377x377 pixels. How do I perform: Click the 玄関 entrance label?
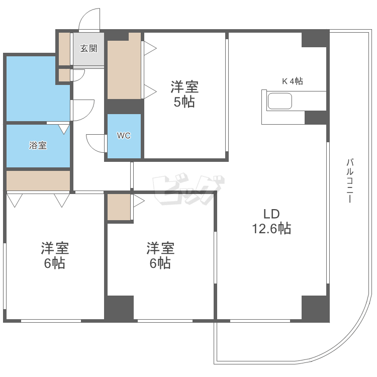point(88,49)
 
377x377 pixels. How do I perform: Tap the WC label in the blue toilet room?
point(124,136)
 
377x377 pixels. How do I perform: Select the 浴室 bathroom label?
point(38,146)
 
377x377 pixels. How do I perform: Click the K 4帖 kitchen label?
point(292,81)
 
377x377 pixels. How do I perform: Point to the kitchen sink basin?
point(279,102)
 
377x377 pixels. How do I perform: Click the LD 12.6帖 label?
point(271,221)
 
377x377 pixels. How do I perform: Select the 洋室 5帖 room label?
point(184,95)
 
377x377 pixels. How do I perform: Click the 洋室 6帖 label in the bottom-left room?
point(55,255)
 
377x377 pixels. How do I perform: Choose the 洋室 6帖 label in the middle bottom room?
point(160,255)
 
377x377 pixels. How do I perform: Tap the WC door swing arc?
point(95,142)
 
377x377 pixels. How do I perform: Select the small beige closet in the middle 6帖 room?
point(119,206)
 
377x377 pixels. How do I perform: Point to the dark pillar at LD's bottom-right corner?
point(315,308)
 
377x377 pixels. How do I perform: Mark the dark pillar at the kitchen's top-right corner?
point(315,39)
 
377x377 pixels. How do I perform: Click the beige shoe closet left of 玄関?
point(64,49)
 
